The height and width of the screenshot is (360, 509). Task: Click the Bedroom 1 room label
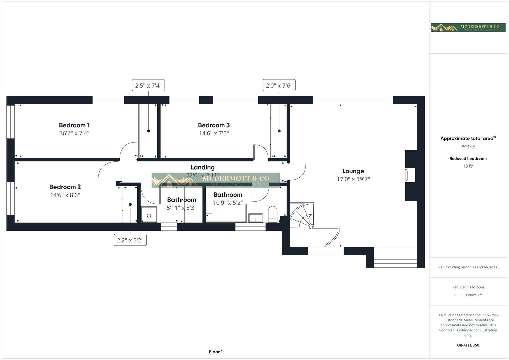[74, 125]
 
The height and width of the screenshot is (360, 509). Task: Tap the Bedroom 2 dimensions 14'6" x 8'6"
[65, 195]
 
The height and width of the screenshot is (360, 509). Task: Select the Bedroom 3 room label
[214, 125]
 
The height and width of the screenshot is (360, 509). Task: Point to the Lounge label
[353, 171]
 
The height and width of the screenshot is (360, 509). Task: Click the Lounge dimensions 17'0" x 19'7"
[353, 179]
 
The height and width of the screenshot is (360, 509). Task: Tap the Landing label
[202, 167]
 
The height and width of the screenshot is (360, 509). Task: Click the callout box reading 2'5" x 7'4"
[148, 85]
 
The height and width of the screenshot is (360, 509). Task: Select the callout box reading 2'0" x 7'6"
[279, 85]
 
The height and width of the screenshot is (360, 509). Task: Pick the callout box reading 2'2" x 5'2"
[130, 240]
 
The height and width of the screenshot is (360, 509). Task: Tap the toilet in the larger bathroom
[273, 214]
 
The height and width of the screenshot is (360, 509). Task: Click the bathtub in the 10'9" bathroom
[226, 213]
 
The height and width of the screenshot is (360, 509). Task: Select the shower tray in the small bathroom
[149, 214]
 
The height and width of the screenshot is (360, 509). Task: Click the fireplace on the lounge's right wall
[410, 175]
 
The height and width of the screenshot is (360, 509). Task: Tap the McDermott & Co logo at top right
[468, 28]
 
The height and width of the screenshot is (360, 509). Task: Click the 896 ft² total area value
[468, 147]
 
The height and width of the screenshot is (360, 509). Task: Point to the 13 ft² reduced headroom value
[468, 166]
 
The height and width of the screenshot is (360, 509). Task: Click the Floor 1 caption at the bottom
[216, 352]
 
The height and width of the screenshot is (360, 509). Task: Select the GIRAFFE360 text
[468, 345]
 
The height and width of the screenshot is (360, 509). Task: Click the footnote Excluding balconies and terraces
[468, 267]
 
